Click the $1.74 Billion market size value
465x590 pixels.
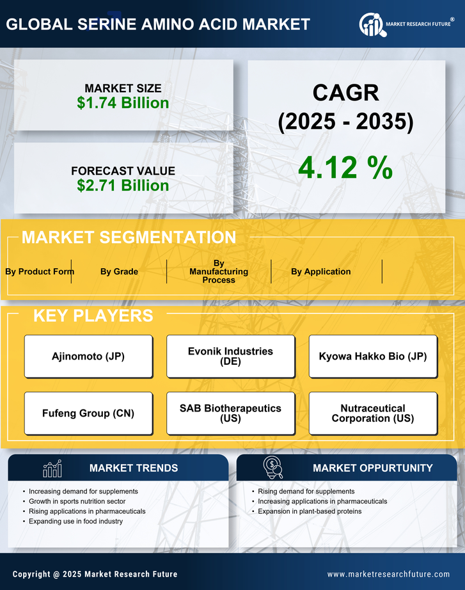[123, 103]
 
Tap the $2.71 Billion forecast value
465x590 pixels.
[123, 186]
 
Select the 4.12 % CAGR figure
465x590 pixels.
[345, 168]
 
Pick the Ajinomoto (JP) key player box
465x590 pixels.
[88, 356]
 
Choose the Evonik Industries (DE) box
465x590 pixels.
[230, 356]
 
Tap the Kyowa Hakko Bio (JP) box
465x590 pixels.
[373, 356]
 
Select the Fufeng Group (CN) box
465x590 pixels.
[88, 413]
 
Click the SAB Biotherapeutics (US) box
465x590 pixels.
[230, 413]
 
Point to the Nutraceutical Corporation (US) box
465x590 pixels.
[373, 413]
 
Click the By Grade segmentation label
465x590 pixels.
[119, 271]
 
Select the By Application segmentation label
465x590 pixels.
[320, 271]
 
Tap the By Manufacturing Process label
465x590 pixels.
[219, 271]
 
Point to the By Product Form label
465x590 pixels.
[40, 271]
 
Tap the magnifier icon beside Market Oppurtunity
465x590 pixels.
[273, 468]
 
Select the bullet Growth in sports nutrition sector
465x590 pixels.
[77, 501]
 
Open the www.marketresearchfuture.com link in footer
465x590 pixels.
[388, 574]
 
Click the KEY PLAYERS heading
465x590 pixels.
[93, 315]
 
